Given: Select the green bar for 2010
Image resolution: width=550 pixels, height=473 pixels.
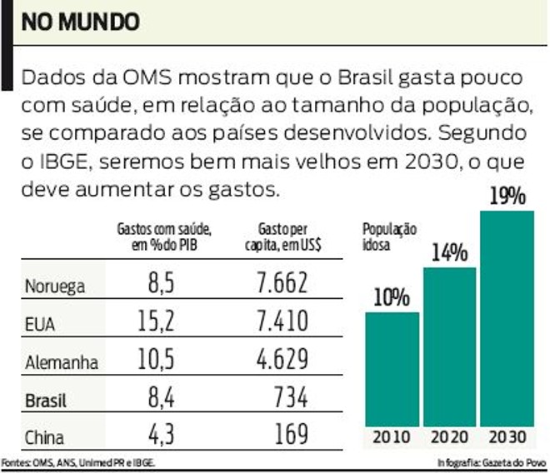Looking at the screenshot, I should (392, 370).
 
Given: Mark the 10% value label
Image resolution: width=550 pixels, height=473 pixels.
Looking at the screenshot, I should (392, 297).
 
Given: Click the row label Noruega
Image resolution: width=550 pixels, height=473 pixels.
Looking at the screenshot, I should (56, 286).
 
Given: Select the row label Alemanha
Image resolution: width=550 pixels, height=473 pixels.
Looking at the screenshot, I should (62, 362).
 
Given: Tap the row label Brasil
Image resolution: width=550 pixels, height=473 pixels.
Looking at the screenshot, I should (47, 401).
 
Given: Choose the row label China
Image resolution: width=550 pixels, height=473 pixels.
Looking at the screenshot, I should (45, 437).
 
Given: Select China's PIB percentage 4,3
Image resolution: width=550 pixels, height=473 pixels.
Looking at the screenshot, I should (159, 436).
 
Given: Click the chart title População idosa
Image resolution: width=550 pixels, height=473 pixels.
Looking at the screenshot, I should (389, 236).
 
